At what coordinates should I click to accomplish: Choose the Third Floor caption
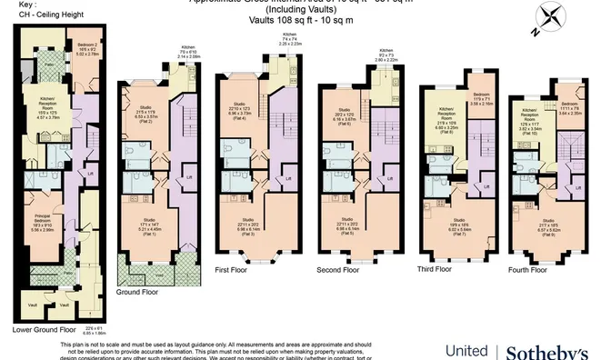(x=435, y=269)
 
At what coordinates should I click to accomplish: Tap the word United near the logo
(x=466, y=351)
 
